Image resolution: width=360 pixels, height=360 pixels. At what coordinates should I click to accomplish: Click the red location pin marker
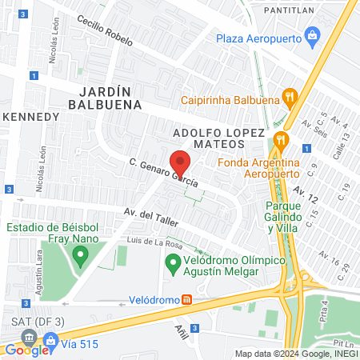(181, 162)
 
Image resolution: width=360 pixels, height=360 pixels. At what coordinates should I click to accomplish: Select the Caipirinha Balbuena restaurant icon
(291, 98)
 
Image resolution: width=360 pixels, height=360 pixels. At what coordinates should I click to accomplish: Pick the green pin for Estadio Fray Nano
(79, 256)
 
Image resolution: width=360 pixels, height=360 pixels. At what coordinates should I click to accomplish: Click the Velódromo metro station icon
(186, 300)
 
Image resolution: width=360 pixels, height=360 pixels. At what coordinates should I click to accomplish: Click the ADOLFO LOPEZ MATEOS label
(219, 135)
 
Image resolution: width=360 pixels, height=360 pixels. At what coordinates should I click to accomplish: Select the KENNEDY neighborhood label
(31, 117)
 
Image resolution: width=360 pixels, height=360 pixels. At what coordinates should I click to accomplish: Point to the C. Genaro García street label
(163, 172)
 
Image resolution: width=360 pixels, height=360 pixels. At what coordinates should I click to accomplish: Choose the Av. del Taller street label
(148, 216)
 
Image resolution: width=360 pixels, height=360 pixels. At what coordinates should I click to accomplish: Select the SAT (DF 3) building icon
(30, 336)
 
